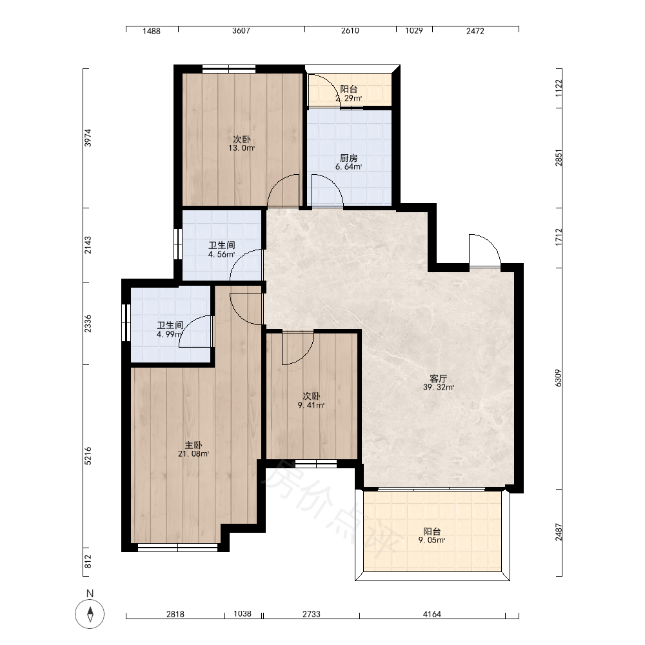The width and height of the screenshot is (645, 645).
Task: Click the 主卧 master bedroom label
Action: click(x=193, y=445)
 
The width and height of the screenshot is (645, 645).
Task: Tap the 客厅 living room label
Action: click(x=438, y=379)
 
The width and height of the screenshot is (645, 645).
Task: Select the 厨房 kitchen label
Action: click(x=348, y=158)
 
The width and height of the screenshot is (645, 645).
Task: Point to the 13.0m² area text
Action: click(x=241, y=148)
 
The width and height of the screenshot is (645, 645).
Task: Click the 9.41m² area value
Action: click(x=311, y=405)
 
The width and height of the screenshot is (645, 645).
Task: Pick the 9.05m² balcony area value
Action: click(x=432, y=540)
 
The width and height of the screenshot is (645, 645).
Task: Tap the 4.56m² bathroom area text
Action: click(x=221, y=254)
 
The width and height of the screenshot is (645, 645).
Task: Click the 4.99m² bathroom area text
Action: click(x=169, y=334)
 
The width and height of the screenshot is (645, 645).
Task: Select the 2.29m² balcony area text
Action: click(x=348, y=98)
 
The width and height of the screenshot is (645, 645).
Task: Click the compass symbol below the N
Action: click(x=90, y=614)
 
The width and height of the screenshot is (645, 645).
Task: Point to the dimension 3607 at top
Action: click(x=241, y=30)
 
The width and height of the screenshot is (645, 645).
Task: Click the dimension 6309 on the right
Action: click(x=558, y=378)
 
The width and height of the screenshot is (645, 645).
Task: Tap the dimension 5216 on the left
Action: click(x=88, y=456)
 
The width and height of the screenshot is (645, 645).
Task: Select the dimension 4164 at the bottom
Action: click(x=432, y=614)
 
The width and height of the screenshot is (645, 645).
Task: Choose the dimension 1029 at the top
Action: click(x=414, y=30)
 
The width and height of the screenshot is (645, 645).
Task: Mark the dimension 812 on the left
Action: click(x=88, y=562)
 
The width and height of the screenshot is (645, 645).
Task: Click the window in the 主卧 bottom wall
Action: click(x=178, y=548)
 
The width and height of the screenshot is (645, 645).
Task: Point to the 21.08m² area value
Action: click(x=193, y=454)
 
